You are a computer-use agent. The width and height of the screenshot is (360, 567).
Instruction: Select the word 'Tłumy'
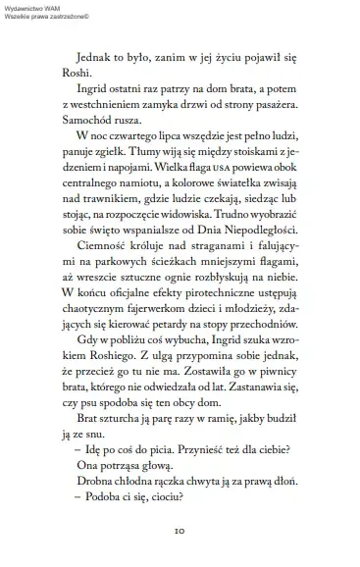click(x=174, y=171)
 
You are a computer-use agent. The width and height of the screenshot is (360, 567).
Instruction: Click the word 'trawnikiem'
click(x=106, y=227)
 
